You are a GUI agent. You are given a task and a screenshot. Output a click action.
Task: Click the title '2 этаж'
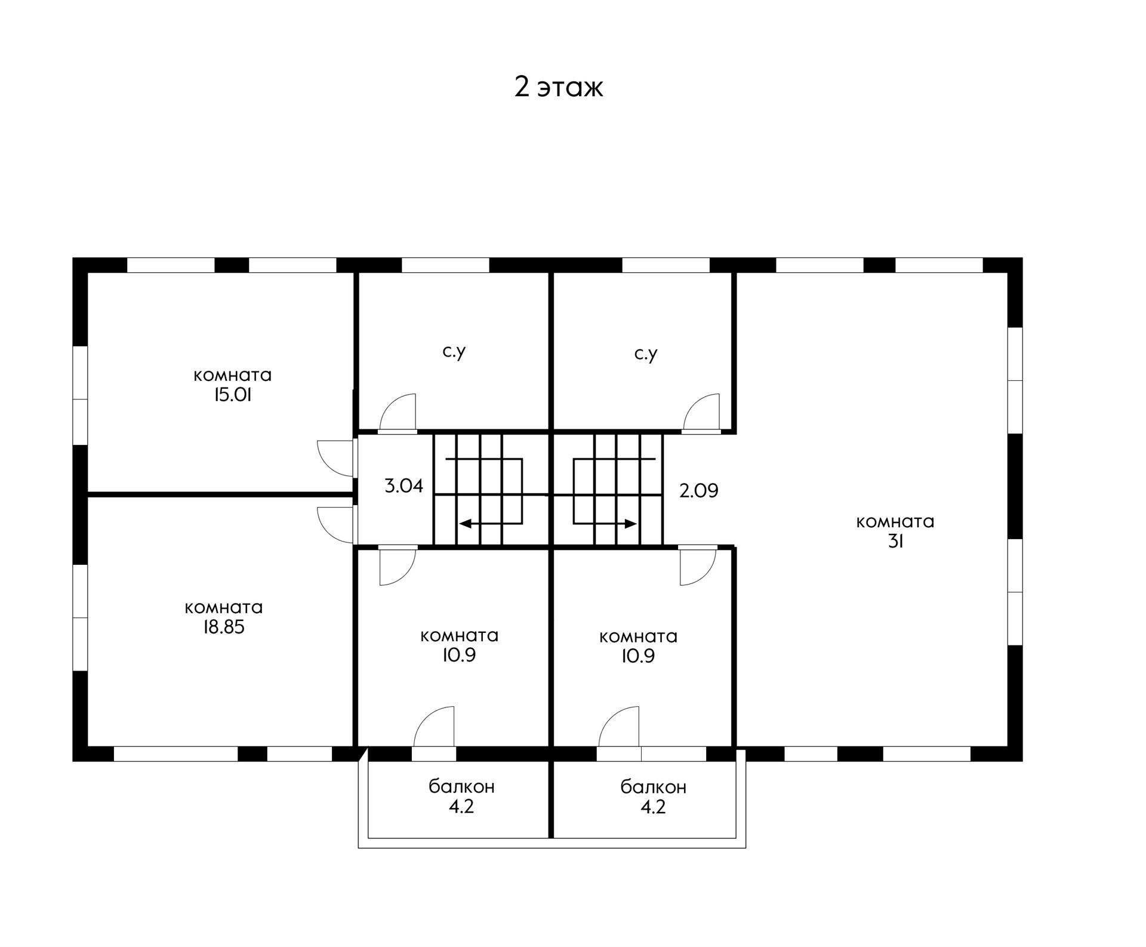tap(559, 87)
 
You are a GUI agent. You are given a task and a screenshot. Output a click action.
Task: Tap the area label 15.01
tap(233, 395)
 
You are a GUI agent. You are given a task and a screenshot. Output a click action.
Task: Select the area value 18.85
tap(224, 628)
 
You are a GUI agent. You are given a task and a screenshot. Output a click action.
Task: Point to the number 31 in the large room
tap(895, 542)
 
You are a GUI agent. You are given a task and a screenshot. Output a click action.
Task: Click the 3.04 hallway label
tap(404, 486)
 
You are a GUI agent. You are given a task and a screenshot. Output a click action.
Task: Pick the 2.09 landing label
tap(699, 491)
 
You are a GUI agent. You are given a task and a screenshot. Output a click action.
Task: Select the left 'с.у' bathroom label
tap(454, 352)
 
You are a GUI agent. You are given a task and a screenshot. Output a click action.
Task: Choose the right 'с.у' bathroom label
tap(646, 355)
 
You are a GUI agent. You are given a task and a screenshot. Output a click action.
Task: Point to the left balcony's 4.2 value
tap(461, 807)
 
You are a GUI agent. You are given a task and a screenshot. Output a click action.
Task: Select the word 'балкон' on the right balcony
tap(654, 787)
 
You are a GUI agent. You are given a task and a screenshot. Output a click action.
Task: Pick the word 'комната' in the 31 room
tap(895, 522)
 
